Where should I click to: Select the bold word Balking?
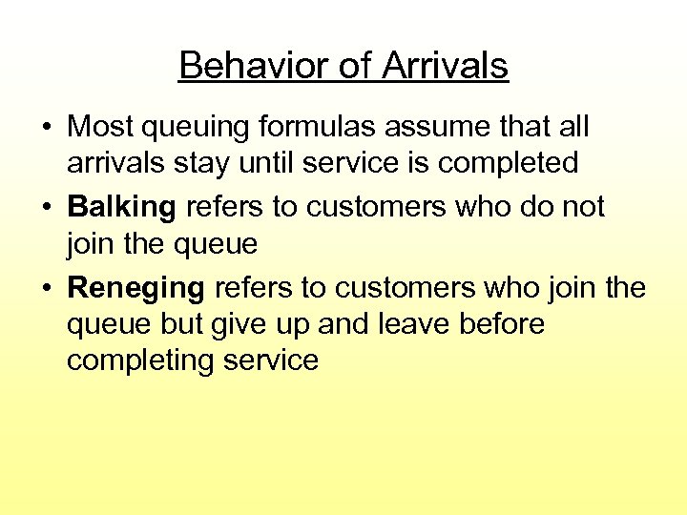[121, 207]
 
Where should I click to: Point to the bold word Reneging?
[135, 287]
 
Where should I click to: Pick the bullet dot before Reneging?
[46, 288]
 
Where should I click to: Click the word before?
[503, 324]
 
